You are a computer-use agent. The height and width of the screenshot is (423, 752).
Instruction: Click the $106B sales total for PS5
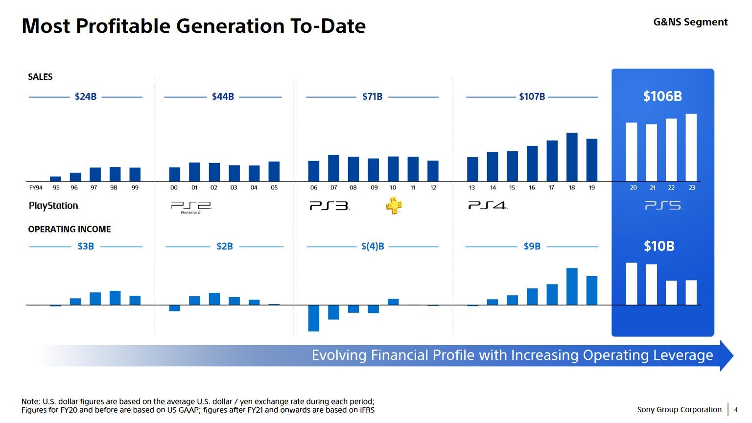[662, 96]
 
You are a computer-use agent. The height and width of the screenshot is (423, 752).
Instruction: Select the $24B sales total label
[85, 97]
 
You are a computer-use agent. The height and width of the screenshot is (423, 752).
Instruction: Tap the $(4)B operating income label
[373, 246]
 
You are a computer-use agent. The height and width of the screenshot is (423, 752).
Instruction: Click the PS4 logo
[487, 206]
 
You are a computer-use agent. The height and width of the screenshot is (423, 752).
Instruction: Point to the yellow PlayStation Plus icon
[394, 206]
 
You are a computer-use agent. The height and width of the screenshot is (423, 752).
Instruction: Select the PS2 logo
[191, 207]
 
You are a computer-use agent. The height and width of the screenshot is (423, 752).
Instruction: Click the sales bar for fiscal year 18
[572, 157]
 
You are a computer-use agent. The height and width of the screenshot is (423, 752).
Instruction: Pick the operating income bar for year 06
[314, 318]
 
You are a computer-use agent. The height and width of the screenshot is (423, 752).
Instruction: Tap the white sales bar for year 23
[691, 147]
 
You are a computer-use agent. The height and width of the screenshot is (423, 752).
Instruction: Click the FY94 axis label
[36, 188]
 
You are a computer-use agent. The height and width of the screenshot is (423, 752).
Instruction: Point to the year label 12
[433, 188]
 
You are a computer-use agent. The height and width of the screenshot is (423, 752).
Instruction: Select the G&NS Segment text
[690, 22]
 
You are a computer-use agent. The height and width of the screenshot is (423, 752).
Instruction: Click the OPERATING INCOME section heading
[69, 229]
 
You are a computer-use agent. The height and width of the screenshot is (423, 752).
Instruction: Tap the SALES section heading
[40, 77]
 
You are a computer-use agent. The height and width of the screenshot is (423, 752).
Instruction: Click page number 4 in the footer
[736, 410]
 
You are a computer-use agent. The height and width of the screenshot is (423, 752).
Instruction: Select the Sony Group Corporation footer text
[679, 410]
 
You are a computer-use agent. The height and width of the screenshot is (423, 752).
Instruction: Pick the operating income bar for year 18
[572, 286]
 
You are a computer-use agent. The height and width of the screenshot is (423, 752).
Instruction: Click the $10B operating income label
[658, 246]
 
